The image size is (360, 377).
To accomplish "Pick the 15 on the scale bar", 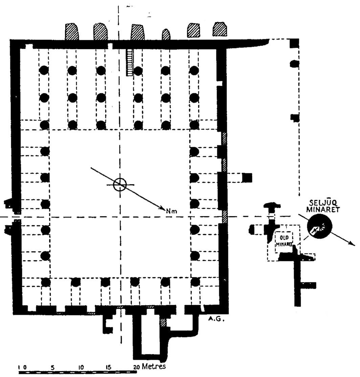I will click(x=109, y=367).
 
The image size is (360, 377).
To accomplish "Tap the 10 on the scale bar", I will click(x=81, y=367).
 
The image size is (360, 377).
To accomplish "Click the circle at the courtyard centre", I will click(x=119, y=184).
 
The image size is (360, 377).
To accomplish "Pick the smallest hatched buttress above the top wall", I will click(x=166, y=34).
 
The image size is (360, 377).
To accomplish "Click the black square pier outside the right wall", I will click(x=248, y=178).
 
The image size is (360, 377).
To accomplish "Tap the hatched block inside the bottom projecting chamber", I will click(x=164, y=322).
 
